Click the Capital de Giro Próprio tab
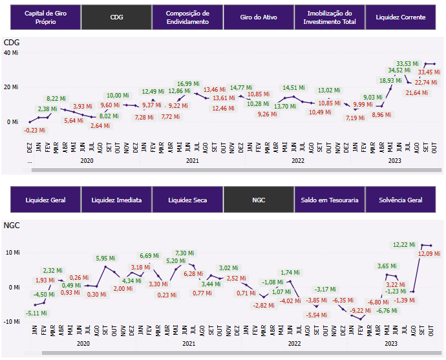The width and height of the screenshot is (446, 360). (45, 17)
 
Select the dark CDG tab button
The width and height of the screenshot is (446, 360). (116, 17)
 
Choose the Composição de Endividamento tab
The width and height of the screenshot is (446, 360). (187, 17)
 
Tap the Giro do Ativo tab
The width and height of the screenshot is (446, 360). (258, 17)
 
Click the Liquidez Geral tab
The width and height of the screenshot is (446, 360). (45, 200)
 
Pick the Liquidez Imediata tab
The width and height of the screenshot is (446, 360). (116, 200)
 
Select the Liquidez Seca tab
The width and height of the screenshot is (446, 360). (187, 200)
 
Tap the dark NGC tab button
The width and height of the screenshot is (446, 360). (258, 200)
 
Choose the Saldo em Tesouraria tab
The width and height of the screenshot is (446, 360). (329, 200)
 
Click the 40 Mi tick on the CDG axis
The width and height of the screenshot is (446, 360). (11, 52)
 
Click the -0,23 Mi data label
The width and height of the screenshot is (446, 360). (34, 130)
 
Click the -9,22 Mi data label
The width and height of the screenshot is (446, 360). (360, 311)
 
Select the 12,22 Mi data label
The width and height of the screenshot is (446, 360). (405, 244)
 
